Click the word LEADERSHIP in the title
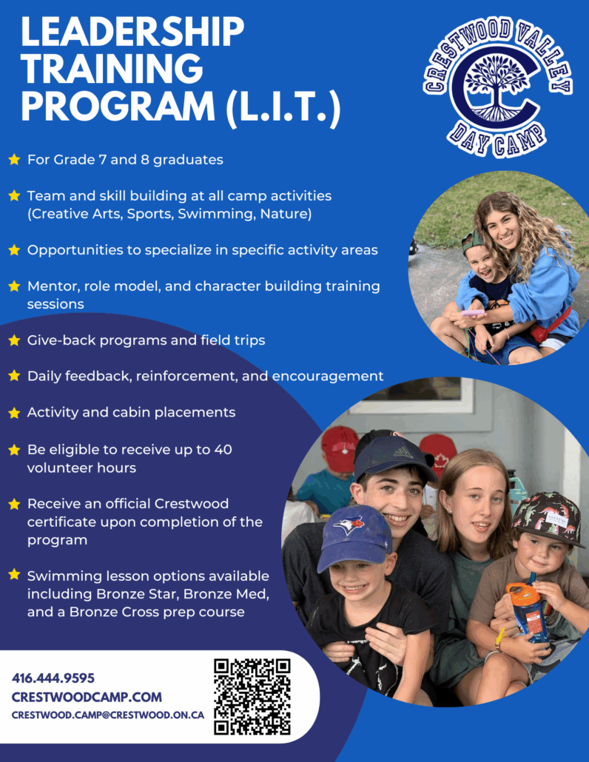[132, 32]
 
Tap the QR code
[252, 696]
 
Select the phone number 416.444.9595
[53, 678]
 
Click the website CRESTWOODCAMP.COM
[87, 698]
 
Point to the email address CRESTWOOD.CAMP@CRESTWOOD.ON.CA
[108, 715]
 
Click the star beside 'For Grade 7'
[15, 159]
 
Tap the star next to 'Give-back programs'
[15, 340]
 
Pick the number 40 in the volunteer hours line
[223, 450]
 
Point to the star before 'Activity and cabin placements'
[15, 413]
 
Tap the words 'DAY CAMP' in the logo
[496, 140]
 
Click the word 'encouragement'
[328, 377]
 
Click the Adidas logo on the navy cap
[403, 453]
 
